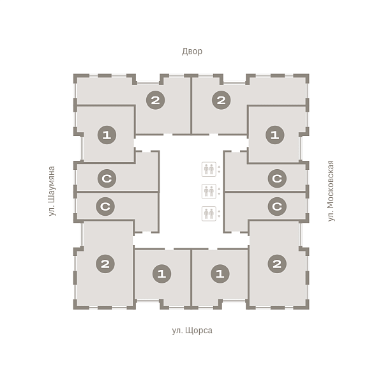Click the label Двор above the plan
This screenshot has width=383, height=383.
pos(192,51)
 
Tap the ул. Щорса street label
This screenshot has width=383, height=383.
pos(192,331)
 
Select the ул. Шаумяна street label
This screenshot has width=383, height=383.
pos(52,191)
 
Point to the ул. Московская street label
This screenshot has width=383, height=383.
pos(331,191)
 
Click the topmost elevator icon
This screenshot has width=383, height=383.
pos(209,169)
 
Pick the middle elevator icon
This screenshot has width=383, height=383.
pos(209,191)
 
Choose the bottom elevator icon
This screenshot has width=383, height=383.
pos(209,214)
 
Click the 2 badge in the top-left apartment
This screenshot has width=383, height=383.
pos(155,100)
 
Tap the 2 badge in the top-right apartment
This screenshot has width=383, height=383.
pos(221,100)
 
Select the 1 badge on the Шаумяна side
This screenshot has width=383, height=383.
pos(107,135)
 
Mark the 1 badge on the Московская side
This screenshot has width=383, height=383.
pos(274,135)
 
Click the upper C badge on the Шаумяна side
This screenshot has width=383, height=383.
pos(107,179)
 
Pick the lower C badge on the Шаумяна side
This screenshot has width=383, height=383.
pos(105,206)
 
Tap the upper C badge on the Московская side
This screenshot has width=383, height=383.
pos(277,179)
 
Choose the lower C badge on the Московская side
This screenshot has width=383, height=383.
pos(277,206)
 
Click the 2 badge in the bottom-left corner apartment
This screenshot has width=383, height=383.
pos(105,264)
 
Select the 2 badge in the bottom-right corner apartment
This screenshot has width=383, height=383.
pos(277,264)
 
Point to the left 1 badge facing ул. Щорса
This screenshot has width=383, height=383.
pos(161,274)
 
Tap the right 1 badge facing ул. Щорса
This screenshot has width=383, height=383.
pos(220,274)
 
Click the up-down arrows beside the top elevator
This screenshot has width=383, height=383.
pos(219,169)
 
